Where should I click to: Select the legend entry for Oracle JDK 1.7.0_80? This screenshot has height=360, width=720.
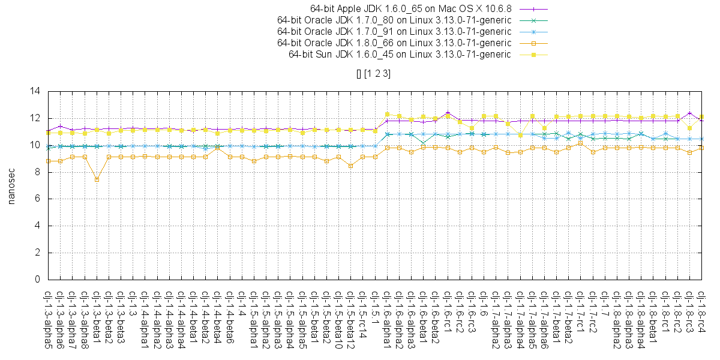click(x=394, y=20)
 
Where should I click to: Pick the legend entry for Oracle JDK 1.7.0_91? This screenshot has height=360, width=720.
click(x=394, y=32)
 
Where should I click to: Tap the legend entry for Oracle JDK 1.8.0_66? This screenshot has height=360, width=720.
click(x=394, y=43)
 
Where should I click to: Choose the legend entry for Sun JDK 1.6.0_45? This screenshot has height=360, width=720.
click(x=400, y=55)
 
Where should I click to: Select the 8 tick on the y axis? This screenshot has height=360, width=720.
click(x=37, y=172)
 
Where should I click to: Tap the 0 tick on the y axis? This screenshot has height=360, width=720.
click(x=37, y=280)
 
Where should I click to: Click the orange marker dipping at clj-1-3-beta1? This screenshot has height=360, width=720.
click(x=97, y=179)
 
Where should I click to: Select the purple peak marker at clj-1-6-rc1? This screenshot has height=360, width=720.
click(x=448, y=113)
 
